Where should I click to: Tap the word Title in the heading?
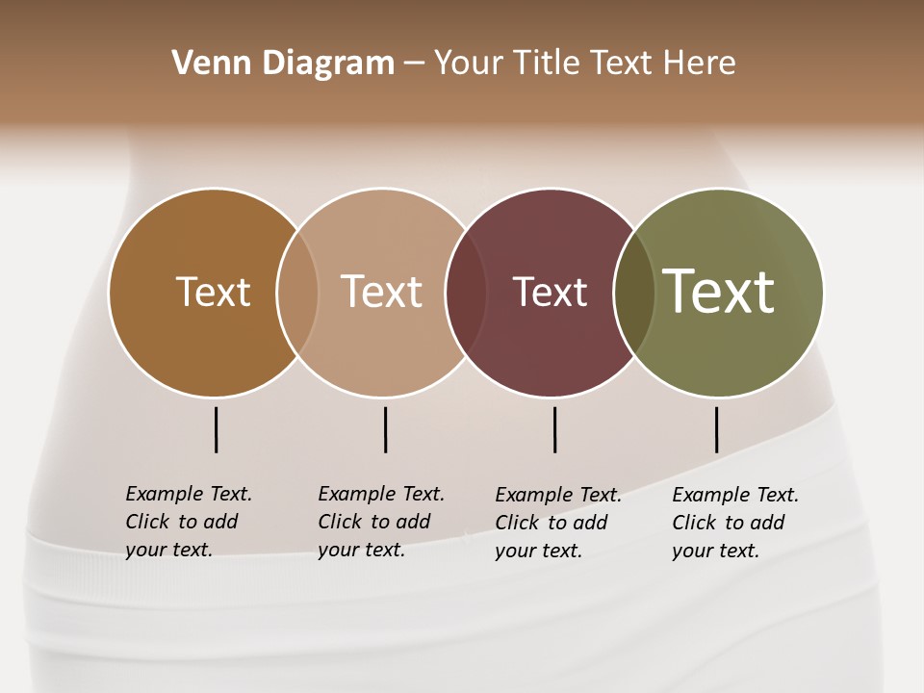tap(546, 64)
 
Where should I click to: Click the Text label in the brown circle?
tap(213, 292)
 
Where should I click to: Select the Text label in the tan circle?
tap(381, 292)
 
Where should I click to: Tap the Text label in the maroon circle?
tap(550, 292)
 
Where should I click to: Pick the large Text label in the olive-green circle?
tap(719, 292)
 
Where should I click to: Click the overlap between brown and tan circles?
tap(297, 292)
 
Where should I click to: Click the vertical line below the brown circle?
tap(216, 429)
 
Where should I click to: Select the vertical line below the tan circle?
tap(385, 429)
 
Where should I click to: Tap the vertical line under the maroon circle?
tap(554, 429)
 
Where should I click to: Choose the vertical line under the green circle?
tap(716, 429)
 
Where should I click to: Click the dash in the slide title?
tap(414, 64)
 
